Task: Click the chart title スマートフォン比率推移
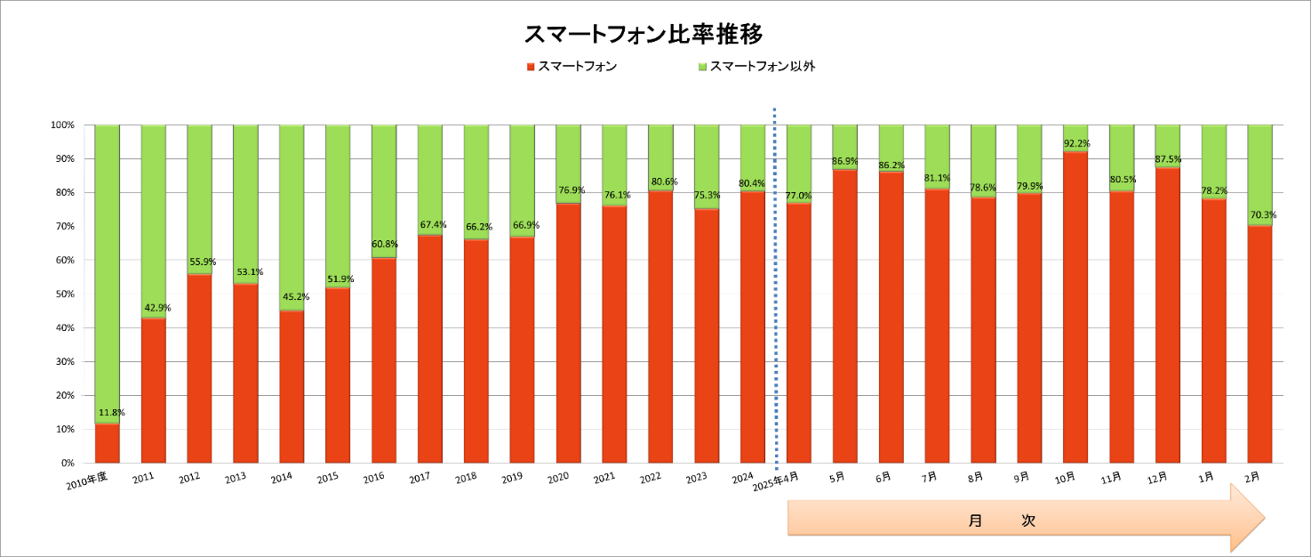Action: pyautogui.click(x=643, y=34)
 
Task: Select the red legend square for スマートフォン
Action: pyautogui.click(x=531, y=67)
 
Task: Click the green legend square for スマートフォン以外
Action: pyautogui.click(x=702, y=67)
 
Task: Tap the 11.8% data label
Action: pyautogui.click(x=111, y=413)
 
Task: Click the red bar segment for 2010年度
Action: pyautogui.click(x=108, y=443)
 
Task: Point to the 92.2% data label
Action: pyautogui.click(x=1075, y=143)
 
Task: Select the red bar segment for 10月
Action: pyautogui.click(x=1075, y=307)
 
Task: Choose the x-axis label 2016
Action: pyautogui.click(x=374, y=479)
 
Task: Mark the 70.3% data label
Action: pyautogui.click(x=1260, y=214)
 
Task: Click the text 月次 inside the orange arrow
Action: pyautogui.click(x=1003, y=521)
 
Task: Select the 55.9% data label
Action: pyautogui.click(x=203, y=262)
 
